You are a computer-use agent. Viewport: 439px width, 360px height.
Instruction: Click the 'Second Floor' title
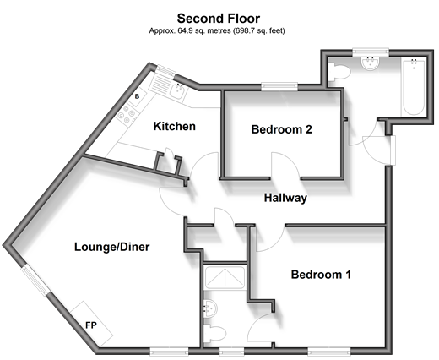219,19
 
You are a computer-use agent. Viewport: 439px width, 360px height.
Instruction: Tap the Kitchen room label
175,126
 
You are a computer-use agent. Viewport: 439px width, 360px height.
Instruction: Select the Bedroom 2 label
282,129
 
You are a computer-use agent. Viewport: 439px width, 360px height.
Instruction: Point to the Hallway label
285,198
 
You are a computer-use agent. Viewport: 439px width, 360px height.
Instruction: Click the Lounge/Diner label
112,247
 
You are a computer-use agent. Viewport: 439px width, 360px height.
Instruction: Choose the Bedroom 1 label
321,275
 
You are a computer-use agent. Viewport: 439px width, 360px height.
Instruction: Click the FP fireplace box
91,324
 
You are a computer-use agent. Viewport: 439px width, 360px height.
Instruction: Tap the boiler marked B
138,96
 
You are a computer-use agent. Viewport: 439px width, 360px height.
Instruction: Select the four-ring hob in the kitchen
127,114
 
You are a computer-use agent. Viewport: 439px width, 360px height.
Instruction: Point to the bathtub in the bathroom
414,86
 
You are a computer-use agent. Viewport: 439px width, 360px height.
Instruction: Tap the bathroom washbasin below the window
371,63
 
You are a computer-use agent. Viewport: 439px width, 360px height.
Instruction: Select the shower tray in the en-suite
225,278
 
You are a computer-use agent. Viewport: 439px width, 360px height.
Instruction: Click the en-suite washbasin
211,308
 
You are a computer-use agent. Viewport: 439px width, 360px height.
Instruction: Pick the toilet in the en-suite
214,333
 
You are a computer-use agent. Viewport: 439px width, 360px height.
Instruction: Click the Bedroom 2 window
279,86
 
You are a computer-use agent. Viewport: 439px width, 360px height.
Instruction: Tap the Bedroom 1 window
329,352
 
